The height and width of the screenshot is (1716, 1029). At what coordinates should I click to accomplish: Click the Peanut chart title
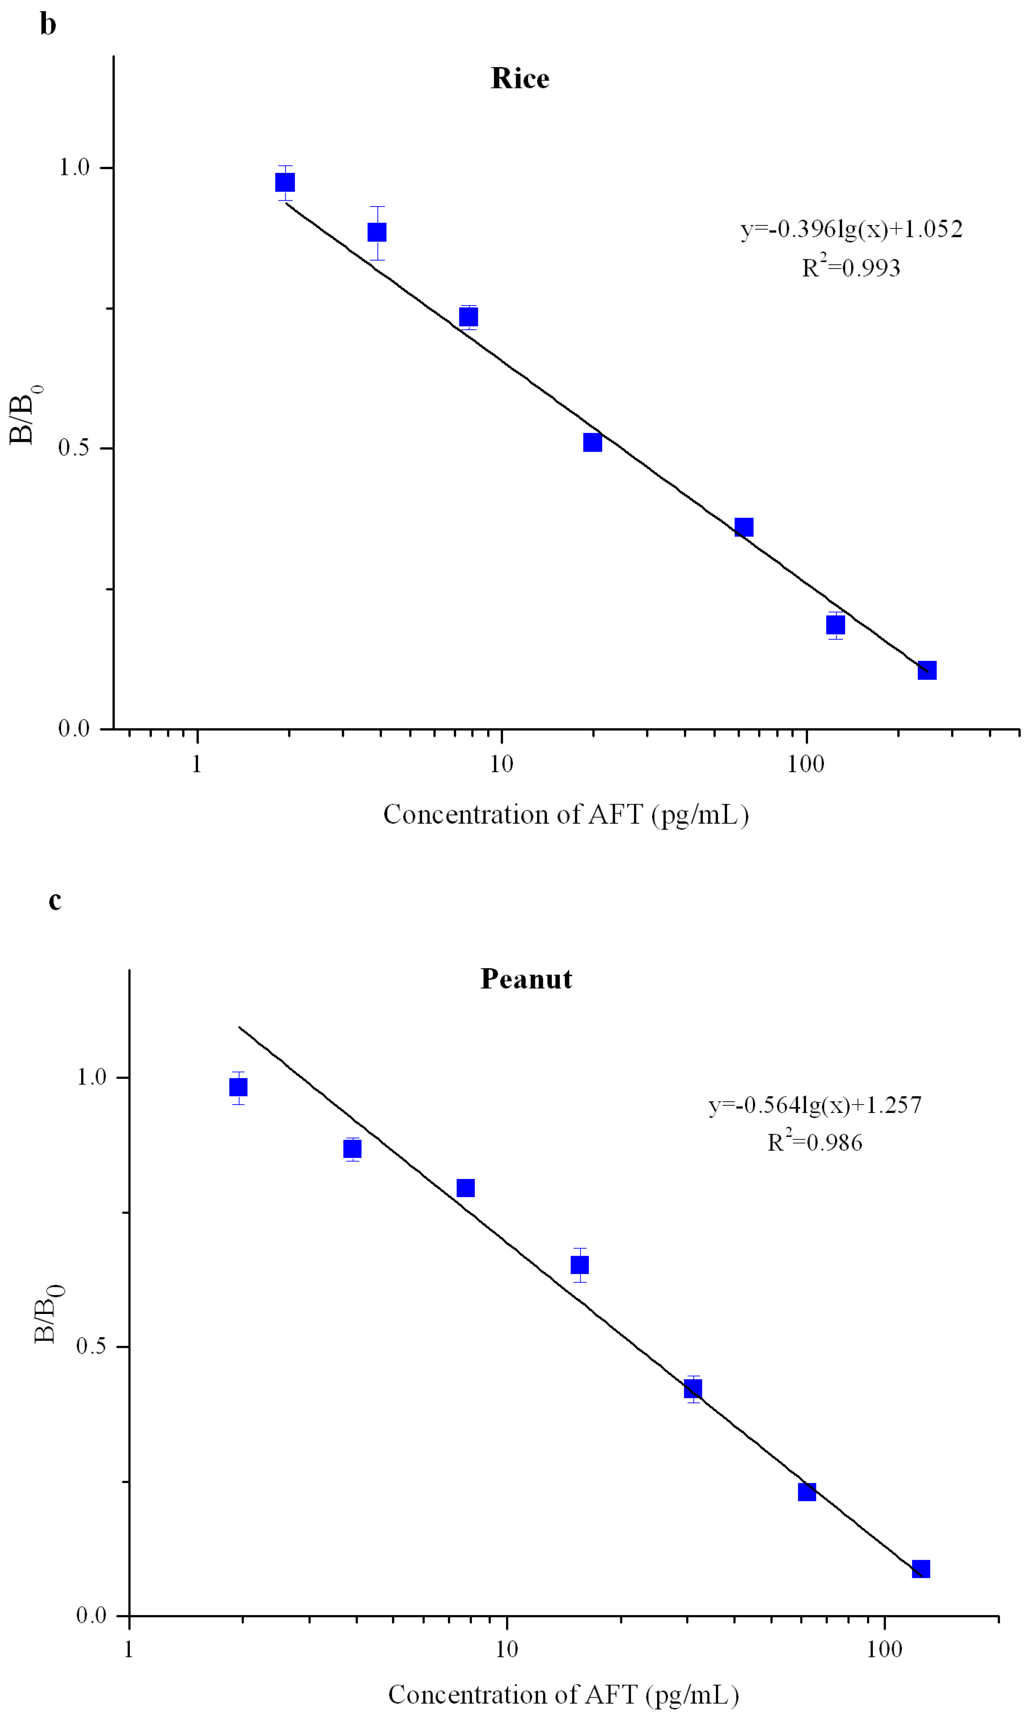pyautogui.click(x=526, y=979)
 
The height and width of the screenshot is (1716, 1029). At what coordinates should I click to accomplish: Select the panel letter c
pyautogui.click(x=55, y=900)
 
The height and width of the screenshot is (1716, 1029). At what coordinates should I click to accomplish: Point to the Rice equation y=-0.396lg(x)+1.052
pyautogui.click(x=851, y=229)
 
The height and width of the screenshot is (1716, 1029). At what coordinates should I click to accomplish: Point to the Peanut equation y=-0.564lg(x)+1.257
pyautogui.click(x=815, y=1105)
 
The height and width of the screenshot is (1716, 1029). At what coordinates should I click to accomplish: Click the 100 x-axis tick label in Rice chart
pyautogui.click(x=806, y=764)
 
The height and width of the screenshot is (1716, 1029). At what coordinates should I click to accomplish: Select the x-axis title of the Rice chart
pyautogui.click(x=566, y=814)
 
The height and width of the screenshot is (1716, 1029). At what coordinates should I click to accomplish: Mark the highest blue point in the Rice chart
pyautogui.click(x=285, y=182)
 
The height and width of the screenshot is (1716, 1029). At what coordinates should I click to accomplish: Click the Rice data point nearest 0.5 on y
pyautogui.click(x=592, y=442)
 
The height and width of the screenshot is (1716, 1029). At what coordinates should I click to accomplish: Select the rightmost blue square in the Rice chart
pyautogui.click(x=927, y=670)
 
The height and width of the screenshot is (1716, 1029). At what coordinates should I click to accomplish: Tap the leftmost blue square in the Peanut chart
pyautogui.click(x=238, y=1087)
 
